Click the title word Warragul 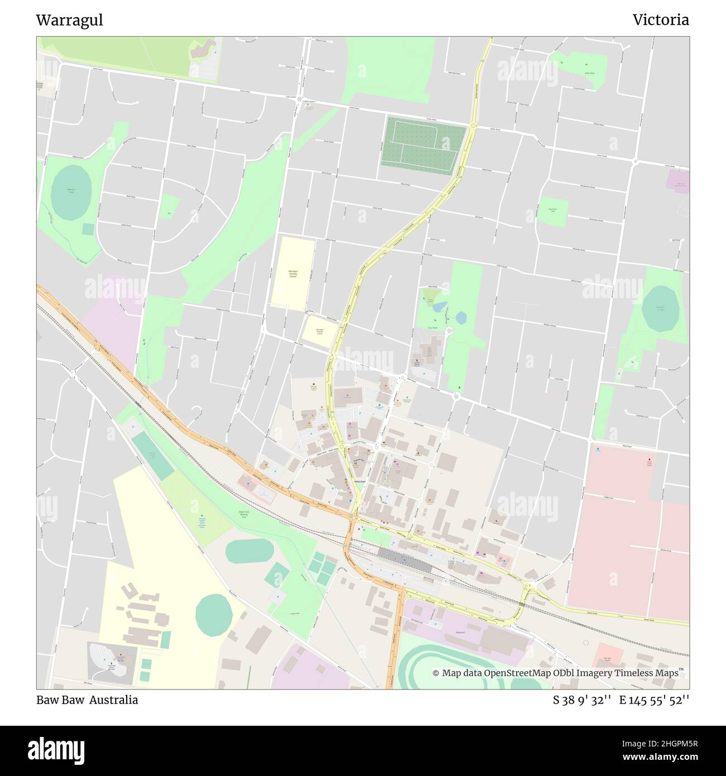tap(69, 20)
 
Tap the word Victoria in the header tap(661, 20)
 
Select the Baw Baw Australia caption tap(87, 700)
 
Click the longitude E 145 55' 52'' tap(654, 700)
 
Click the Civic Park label tap(432, 328)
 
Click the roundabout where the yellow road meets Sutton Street tap(473, 126)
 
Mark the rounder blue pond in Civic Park tap(461, 318)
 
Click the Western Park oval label tap(71, 190)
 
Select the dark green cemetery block tap(423, 145)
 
